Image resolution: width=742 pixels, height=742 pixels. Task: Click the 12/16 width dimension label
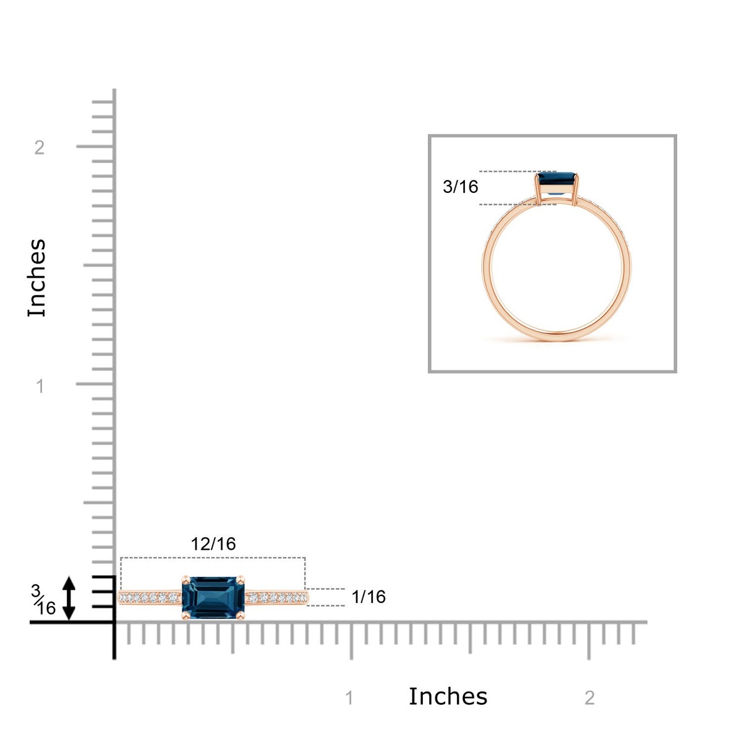coord(213,544)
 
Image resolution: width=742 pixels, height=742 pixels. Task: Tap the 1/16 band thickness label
coord(368,597)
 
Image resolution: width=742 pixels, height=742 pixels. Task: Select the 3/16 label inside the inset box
coord(460,187)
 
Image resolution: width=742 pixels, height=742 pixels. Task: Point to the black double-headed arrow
coord(69,598)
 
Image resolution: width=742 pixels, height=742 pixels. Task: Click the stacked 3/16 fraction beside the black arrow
coord(43,600)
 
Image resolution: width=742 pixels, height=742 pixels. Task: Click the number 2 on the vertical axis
coord(40,148)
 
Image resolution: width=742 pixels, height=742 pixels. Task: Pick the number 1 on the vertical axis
coord(40,386)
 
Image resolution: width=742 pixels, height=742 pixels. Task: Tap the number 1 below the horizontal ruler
coord(349,697)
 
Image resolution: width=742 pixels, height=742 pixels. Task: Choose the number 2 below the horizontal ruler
coord(589,697)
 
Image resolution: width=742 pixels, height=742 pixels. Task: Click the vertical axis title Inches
coord(36,278)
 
